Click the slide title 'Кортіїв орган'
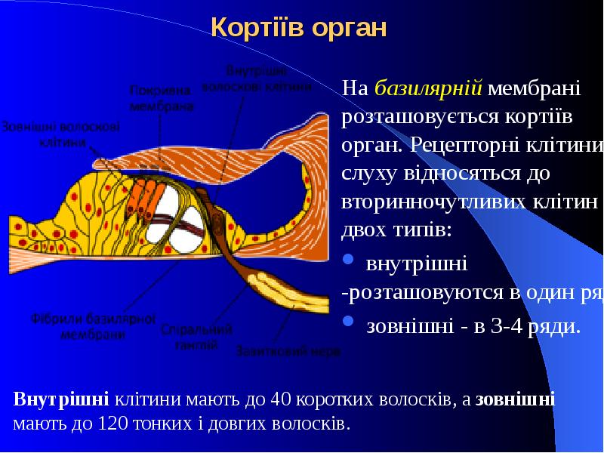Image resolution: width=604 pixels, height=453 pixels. point(298,28)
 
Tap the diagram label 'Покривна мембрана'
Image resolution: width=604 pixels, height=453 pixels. point(161,97)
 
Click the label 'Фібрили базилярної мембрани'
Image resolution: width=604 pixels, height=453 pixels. point(94,327)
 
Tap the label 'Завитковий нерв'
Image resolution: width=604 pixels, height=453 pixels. point(288,351)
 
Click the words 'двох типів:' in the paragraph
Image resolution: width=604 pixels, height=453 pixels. point(397,230)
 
